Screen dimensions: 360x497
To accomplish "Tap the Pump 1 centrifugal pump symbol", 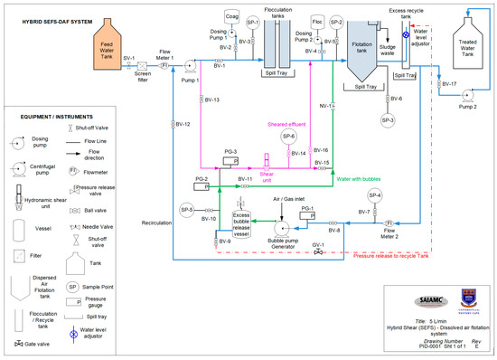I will tap(189, 66).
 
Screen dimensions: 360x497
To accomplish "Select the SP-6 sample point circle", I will tap(288, 136).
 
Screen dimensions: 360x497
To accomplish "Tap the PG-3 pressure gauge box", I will tap(230, 159).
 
